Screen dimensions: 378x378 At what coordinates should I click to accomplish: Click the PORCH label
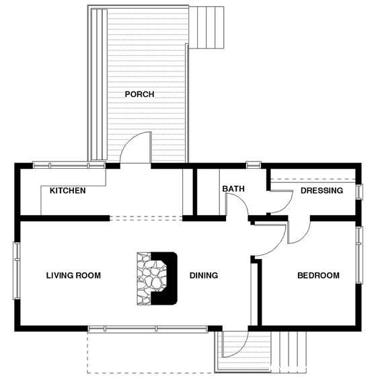139,94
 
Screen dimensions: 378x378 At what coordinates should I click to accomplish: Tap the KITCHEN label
67,191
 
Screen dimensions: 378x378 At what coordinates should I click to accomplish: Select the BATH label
233,189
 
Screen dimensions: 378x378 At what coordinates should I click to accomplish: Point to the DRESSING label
322,191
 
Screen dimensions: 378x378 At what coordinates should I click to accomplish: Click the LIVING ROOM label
73,275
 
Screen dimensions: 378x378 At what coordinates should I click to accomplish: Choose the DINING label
203,275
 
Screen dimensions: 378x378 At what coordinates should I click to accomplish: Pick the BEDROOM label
318,275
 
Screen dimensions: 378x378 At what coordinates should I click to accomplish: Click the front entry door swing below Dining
235,343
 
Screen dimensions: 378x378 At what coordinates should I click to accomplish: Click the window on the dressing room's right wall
359,191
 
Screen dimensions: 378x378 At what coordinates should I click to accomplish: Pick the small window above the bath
253,164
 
